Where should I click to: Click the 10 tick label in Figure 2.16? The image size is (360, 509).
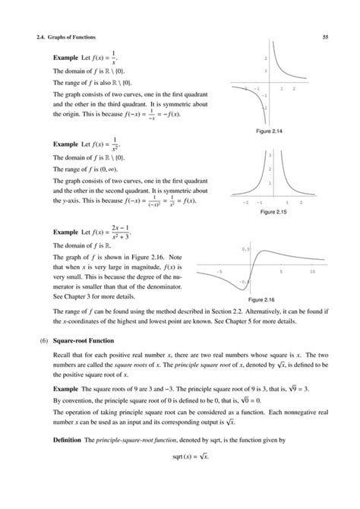[312, 271]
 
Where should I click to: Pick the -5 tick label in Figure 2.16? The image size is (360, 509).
[219, 271]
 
